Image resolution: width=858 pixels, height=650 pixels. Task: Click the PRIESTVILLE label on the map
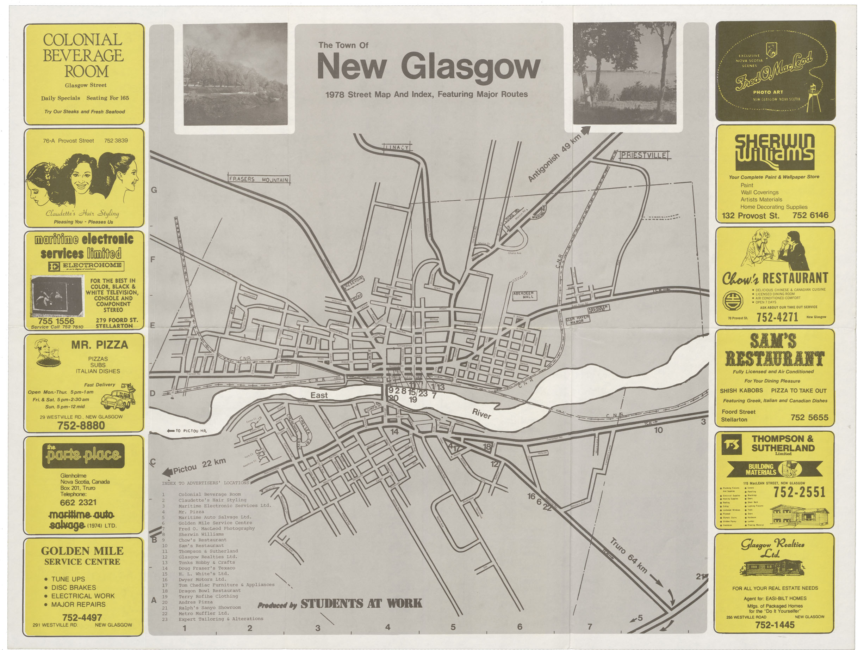point(643,155)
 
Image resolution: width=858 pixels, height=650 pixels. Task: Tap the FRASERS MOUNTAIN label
point(259,179)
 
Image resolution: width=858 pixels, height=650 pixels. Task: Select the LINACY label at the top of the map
point(397,147)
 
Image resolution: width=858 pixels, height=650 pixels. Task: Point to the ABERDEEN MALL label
point(523,295)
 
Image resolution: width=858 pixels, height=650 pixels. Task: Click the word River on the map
point(481,414)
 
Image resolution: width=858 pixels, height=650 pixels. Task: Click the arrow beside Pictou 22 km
point(167,472)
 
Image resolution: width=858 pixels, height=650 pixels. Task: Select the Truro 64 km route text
point(628,555)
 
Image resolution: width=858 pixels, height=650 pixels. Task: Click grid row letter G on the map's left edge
point(154,190)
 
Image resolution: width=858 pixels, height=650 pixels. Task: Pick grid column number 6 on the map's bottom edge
point(520,626)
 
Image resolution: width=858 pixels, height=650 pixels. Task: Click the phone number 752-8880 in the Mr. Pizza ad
point(81,426)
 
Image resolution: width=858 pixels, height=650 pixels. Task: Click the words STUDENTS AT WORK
point(361,603)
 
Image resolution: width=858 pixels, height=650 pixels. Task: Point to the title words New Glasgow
point(428,67)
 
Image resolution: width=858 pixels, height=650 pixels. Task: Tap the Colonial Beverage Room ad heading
point(83,55)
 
